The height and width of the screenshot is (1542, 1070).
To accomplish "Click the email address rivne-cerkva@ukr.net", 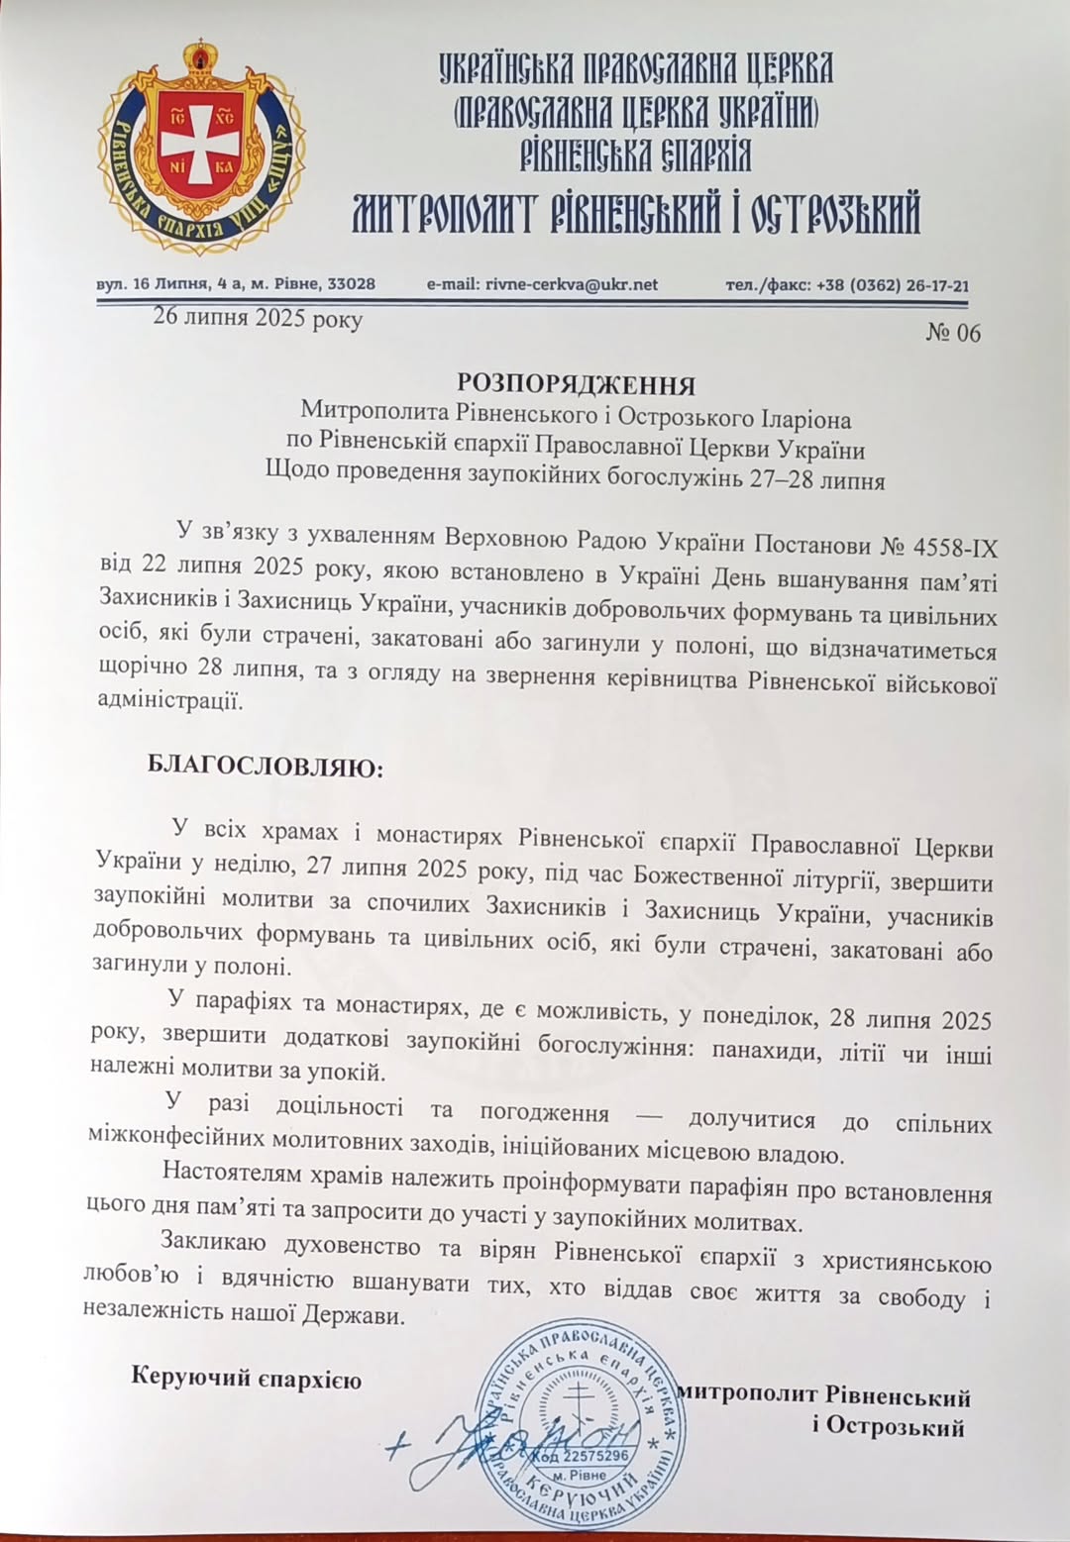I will [x=572, y=284].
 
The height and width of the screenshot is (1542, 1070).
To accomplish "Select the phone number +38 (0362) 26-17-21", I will [x=893, y=286].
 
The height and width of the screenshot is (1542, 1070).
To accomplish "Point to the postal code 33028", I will [x=351, y=284].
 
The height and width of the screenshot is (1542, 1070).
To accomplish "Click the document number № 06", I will [x=953, y=334].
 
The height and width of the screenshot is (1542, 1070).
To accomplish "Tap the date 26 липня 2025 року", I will [x=258, y=319].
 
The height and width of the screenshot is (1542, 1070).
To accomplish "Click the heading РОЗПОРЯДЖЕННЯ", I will [x=576, y=384].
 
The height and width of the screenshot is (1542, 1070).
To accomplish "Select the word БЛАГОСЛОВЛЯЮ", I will [x=265, y=767].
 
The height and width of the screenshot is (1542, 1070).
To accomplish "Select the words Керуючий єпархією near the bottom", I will [x=246, y=1379].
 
